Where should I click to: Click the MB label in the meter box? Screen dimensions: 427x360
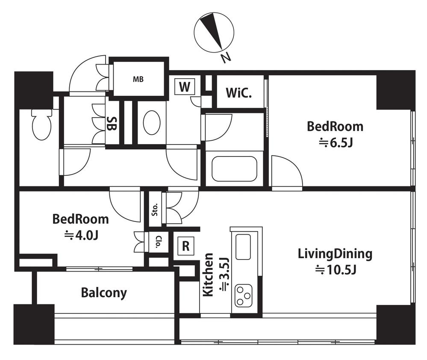tap(138, 79)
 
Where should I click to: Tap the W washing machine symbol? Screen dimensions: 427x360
tap(185, 87)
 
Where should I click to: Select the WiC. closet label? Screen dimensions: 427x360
tap(239, 93)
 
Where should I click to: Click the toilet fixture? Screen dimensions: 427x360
tap(41, 124)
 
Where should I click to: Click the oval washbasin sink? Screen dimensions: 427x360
tap(152, 123)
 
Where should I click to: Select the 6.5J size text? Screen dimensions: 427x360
tap(336, 143)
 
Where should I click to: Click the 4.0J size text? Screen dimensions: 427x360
tap(81, 235)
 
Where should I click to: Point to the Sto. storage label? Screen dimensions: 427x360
tap(155, 210)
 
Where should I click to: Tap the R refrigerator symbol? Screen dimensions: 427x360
tap(186, 246)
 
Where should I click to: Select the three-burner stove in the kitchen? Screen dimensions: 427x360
tap(244, 295)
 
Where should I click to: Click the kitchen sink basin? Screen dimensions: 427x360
tap(243, 247)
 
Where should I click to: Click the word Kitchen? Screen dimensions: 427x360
tap(209, 274)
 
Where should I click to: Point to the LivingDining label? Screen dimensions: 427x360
tap(335, 254)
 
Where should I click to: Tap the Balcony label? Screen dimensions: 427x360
tap(104, 293)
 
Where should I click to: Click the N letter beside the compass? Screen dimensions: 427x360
tap(226, 58)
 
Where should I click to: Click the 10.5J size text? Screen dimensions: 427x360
tap(336, 270)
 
